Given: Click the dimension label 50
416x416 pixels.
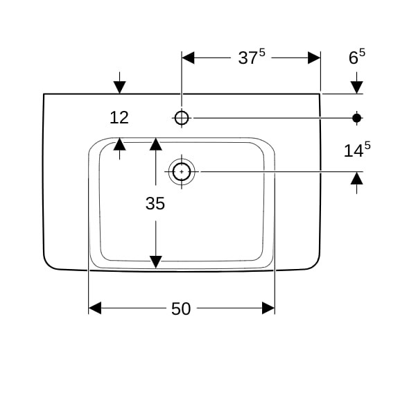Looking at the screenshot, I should point(181,309).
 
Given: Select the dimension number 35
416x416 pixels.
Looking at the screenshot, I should point(155,203).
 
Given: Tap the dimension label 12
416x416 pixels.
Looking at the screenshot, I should point(119,118).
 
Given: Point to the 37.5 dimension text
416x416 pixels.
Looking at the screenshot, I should point(251,58).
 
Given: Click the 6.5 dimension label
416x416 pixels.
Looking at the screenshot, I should point(356,58).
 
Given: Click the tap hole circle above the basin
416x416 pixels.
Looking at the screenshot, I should point(182,118).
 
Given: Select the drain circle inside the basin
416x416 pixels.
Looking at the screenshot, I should point(182,170).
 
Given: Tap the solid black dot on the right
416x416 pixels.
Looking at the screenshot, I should point(357,118).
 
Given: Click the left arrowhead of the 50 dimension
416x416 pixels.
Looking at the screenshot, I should point(95,308).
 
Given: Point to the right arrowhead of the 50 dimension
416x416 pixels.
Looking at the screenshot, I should point(268,308).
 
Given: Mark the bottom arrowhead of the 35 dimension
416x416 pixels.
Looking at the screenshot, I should point(155,261).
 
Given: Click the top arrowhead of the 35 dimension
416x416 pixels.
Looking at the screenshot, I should point(155,144).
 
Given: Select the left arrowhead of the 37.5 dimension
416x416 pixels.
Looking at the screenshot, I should point(188,58).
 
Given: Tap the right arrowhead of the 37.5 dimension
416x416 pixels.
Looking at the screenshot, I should point(314,58).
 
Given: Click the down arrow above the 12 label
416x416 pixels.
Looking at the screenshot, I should point(120,87).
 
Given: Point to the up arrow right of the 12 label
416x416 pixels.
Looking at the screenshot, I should point(120,144).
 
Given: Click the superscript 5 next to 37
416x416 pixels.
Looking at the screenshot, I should point(262,52).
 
